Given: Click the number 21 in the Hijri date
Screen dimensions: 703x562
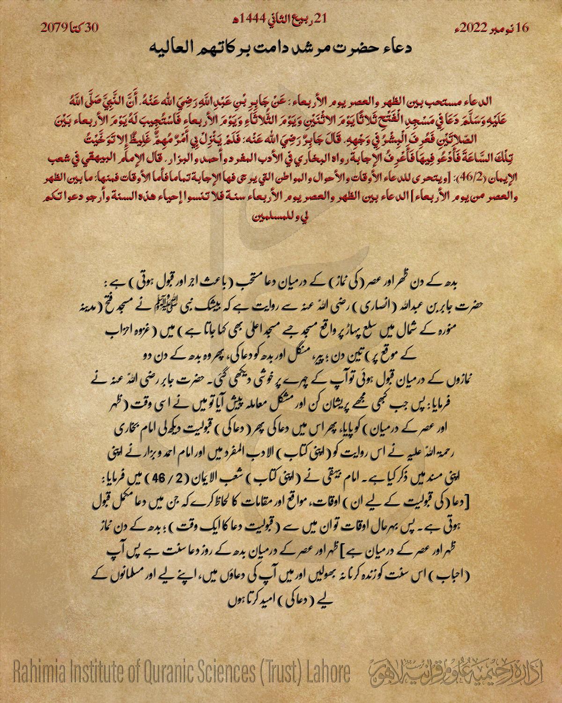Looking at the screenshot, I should [320, 19].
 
